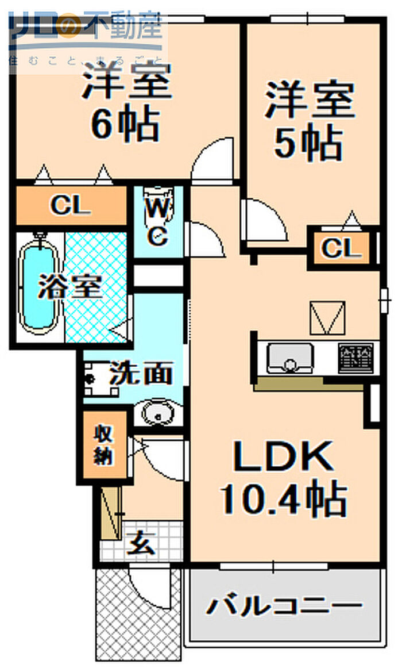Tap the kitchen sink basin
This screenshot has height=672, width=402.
pyautogui.click(x=291, y=358)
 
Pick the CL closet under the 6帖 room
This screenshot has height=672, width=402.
pyautogui.click(x=70, y=206)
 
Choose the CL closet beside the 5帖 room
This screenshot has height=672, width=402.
pyautogui.click(x=342, y=248)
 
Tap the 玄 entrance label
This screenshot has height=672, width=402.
pyautogui.click(x=142, y=543)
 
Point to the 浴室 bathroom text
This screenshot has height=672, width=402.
pyautogui.click(x=70, y=286)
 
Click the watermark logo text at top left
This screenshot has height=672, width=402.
pyautogui.click(x=86, y=26)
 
